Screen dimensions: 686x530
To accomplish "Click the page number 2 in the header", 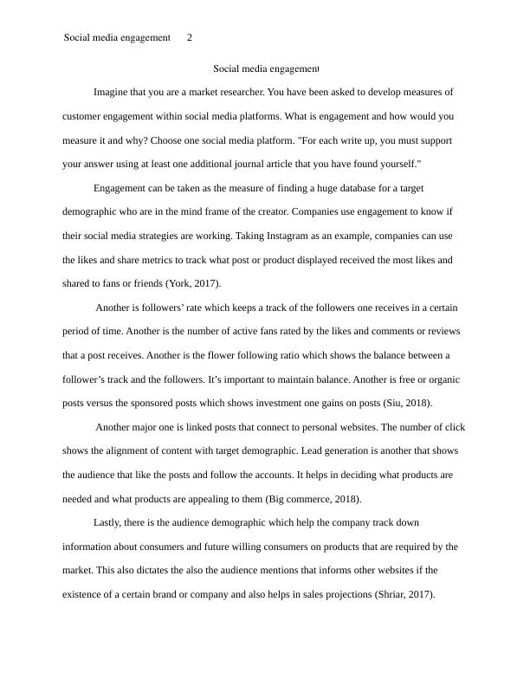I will click(190, 38).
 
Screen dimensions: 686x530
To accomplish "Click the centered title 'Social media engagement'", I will click(266, 68).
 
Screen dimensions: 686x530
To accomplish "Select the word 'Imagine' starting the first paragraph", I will click(111, 92).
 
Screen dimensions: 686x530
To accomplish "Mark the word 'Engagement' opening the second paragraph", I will click(121, 188).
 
